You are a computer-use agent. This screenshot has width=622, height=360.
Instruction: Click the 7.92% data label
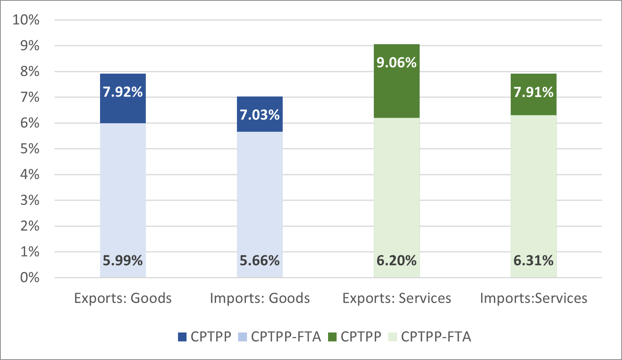pyautogui.click(x=123, y=92)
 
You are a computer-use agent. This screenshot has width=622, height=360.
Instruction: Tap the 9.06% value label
pyautogui.click(x=396, y=62)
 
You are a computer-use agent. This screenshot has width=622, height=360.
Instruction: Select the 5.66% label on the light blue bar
pyautogui.click(x=259, y=260)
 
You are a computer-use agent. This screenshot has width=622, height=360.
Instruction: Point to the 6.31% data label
pyautogui.click(x=533, y=260)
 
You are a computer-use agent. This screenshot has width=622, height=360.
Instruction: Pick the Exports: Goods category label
pyautogui.click(x=123, y=298)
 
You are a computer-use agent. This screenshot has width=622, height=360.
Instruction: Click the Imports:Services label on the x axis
pyautogui.click(x=533, y=298)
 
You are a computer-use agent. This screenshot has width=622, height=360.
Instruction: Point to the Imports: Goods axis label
pyautogui.click(x=259, y=298)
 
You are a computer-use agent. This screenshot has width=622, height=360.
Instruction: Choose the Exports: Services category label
pyautogui.click(x=396, y=298)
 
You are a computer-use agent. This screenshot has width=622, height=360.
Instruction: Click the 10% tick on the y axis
pyautogui.click(x=26, y=20)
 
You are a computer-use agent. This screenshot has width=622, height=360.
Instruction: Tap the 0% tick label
pyautogui.click(x=29, y=277)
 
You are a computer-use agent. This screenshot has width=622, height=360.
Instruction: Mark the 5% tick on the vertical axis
pyautogui.click(x=29, y=149)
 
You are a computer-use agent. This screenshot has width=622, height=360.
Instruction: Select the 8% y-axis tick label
pyautogui.click(x=29, y=71)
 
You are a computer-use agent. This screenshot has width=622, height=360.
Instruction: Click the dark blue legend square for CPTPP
pyautogui.click(x=182, y=337)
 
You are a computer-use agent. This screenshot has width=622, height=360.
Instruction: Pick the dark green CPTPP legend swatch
pyautogui.click(x=332, y=337)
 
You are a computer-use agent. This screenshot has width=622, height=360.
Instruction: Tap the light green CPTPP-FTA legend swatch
pyautogui.click(x=392, y=337)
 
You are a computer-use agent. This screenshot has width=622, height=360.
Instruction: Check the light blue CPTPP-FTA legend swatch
pyautogui.click(x=242, y=337)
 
